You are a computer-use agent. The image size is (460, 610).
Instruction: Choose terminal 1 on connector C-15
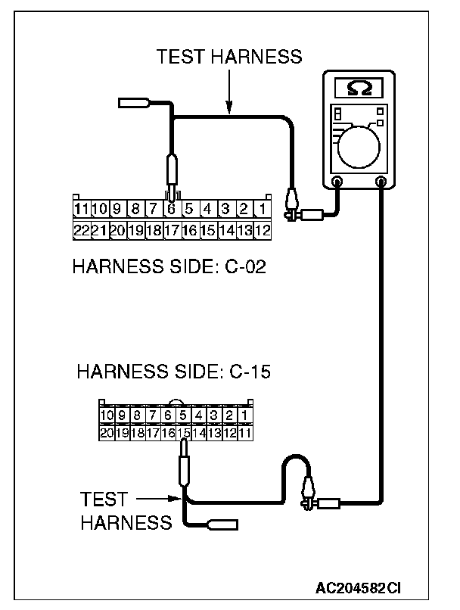click(244, 415)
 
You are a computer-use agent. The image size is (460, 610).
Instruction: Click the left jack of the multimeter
click(337, 182)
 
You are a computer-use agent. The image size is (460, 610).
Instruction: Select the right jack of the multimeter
click(381, 182)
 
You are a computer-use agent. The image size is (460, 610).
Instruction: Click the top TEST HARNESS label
click(228, 56)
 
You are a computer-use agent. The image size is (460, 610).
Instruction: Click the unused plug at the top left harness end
click(134, 102)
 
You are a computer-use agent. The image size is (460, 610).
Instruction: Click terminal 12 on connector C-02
click(263, 229)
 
